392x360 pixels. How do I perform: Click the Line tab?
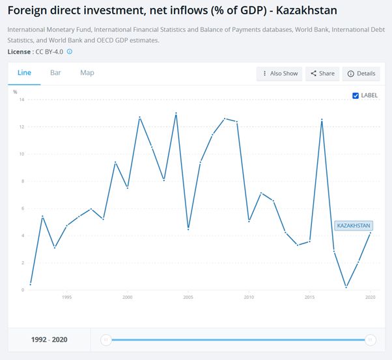(x=24, y=72)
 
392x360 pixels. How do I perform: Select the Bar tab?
(x=55, y=72)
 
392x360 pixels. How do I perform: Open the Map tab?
(x=87, y=72)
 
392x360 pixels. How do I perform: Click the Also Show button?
(x=279, y=74)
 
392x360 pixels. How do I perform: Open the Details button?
(x=361, y=74)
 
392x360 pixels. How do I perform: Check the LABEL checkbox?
(x=356, y=96)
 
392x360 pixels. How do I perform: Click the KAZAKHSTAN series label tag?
(x=354, y=225)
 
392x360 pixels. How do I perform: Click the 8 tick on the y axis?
(x=22, y=181)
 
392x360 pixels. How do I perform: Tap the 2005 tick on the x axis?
(x=188, y=298)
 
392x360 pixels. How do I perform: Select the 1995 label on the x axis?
(x=66, y=298)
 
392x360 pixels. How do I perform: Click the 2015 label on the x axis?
(x=309, y=298)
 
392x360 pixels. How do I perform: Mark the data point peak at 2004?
(x=176, y=113)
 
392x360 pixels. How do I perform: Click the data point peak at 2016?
(x=322, y=120)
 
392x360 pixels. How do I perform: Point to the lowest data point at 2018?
(x=346, y=287)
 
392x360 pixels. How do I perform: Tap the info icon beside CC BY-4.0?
(x=70, y=51)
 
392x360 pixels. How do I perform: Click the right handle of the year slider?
(x=370, y=339)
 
